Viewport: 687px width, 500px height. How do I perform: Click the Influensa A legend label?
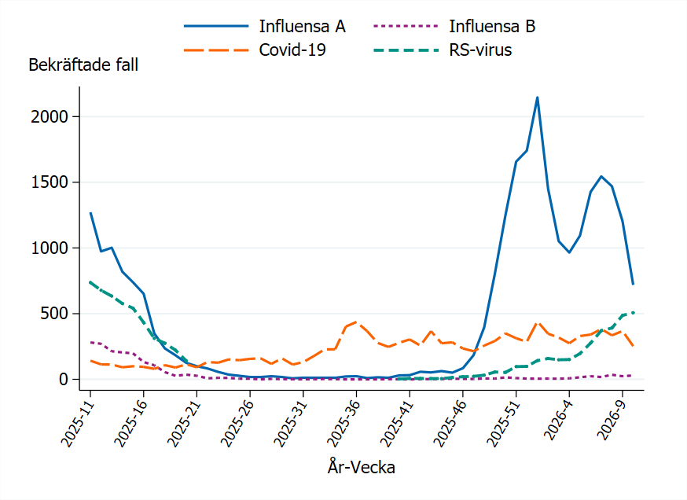302,26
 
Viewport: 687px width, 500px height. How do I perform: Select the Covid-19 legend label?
292,50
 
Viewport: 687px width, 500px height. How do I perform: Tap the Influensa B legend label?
492,26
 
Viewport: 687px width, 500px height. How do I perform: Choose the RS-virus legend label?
480,50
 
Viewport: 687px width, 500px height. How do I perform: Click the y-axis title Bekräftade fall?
83,65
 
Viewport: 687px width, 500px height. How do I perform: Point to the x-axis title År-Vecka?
362,468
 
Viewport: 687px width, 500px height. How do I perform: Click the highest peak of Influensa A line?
537,97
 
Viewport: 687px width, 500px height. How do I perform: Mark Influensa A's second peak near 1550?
601,176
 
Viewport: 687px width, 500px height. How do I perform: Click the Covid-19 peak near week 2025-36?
356,321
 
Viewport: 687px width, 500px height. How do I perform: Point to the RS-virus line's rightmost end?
634,312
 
